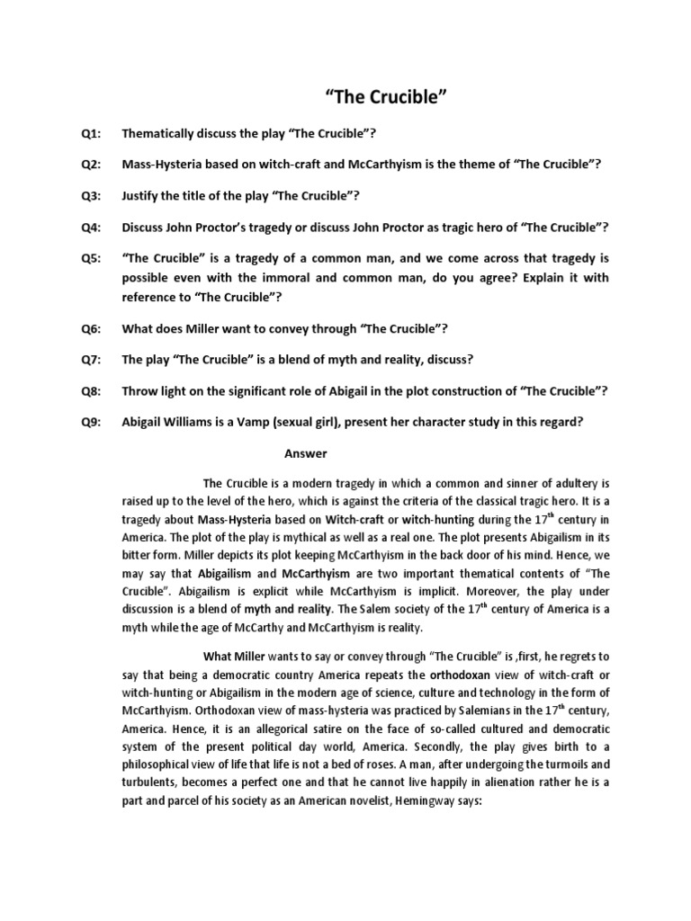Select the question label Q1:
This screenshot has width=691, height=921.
91,134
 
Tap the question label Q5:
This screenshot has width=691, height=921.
91,259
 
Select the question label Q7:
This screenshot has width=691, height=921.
91,360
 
